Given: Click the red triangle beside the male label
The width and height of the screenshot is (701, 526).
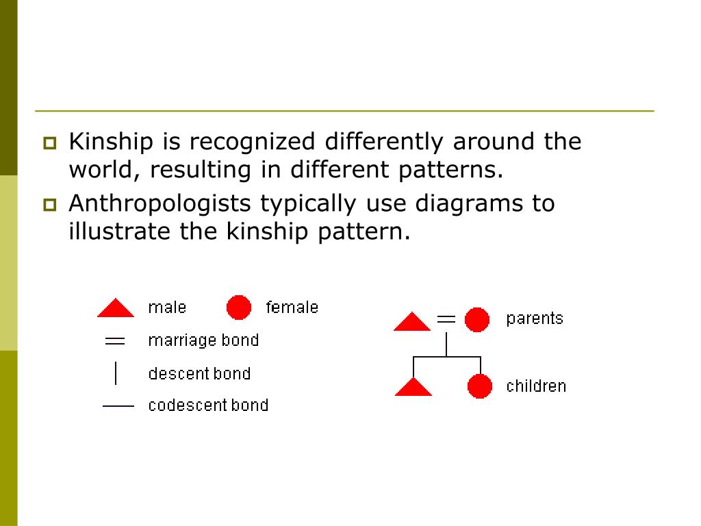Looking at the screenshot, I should coord(116,310).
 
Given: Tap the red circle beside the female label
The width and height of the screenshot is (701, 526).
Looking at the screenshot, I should coord(239,308).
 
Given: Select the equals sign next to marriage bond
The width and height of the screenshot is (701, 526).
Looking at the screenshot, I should coord(115,340).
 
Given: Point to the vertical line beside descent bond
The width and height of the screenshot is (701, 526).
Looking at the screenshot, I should coord(116,373).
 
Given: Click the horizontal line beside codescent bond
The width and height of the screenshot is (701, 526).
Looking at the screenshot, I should coord(118,406).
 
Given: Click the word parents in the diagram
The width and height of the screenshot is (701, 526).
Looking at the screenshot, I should coord(535,318).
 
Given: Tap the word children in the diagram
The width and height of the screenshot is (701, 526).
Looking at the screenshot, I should coord(536,386).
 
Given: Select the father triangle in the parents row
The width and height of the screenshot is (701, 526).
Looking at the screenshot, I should coord(412,323).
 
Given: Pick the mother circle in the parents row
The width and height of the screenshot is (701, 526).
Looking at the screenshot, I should coord(477,320).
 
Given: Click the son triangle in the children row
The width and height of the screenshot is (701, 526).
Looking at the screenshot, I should coord(413,388).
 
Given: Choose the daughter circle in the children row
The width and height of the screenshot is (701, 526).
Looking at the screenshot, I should coord(480,386).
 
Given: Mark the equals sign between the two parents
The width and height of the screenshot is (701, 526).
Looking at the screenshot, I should coord(446,318).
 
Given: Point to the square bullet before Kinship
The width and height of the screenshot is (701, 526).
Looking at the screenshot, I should coord(50,143).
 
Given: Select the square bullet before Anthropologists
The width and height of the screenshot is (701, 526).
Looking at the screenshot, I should coord(50,204).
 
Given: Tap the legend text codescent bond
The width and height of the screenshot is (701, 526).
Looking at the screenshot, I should coord(208,405).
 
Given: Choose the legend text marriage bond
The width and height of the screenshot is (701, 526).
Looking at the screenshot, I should coord(203,340).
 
